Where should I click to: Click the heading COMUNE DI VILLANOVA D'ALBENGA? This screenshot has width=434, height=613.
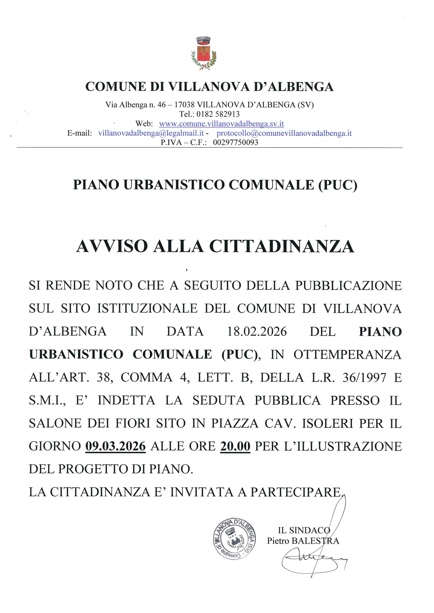pyautogui.click(x=209, y=87)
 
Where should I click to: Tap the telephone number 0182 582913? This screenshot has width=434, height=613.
pyautogui.click(x=218, y=114)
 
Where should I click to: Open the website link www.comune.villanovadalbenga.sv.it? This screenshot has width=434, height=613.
pyautogui.click(x=221, y=124)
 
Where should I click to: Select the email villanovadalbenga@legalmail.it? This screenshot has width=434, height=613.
pyautogui.click(x=151, y=133)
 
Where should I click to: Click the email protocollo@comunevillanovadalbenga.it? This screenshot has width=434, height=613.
pyautogui.click(x=284, y=133)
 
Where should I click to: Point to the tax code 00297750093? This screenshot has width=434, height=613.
pyautogui.click(x=235, y=142)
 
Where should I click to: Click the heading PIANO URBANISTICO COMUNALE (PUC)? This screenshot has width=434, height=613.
pyautogui.click(x=215, y=185)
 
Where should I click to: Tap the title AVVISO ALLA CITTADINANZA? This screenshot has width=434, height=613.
pyautogui.click(x=215, y=247)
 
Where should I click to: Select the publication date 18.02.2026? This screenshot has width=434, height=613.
pyautogui.click(x=257, y=332)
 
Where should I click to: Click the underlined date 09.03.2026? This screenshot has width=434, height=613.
pyautogui.click(x=115, y=446)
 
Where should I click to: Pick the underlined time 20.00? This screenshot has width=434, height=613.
pyautogui.click(x=235, y=446)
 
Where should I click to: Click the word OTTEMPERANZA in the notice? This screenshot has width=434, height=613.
pyautogui.click(x=347, y=355)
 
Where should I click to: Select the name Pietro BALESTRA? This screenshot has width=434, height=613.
pyautogui.click(x=303, y=541)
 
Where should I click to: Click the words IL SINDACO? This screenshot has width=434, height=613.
pyautogui.click(x=304, y=531)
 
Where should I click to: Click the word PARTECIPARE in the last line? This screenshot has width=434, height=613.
pyautogui.click(x=296, y=492)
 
